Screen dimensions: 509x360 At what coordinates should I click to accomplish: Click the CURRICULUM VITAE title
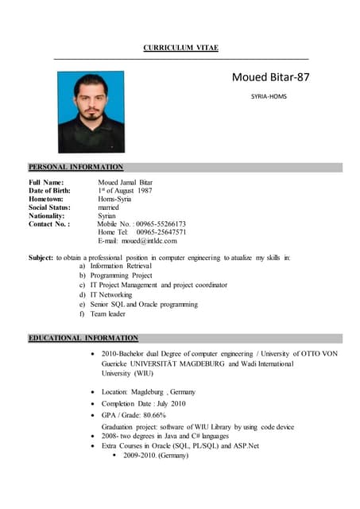point(180,49)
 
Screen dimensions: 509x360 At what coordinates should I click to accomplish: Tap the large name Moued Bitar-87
point(270,77)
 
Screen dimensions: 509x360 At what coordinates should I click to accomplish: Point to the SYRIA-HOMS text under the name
point(269,96)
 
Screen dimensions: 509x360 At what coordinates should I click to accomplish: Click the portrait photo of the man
point(91,112)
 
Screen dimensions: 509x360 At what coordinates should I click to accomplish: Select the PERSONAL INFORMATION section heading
point(76,167)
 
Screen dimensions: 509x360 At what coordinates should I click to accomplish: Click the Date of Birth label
point(54,191)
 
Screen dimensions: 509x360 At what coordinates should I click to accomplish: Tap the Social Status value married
point(110,207)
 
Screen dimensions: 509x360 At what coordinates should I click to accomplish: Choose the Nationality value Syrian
point(107,216)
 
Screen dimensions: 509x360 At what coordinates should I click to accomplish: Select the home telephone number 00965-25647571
point(161,232)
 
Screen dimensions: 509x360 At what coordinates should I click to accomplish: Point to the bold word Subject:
point(41,258)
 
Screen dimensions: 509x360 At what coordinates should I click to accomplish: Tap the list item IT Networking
point(111,294)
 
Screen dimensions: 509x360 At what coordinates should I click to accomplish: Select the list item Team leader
point(108,313)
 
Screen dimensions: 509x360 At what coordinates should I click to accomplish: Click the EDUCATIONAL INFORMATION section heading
point(83,338)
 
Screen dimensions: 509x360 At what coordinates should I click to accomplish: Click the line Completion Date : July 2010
point(144,403)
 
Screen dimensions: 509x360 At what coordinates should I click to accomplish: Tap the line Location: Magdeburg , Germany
point(149,392)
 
